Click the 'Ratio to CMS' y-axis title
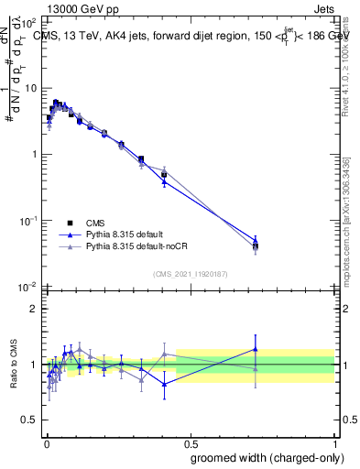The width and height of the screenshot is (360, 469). point(12,364)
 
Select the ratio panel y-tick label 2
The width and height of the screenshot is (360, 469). point(34,309)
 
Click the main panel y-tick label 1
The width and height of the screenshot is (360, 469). point(34,155)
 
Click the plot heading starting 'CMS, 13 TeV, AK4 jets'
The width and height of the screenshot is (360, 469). point(192,37)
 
